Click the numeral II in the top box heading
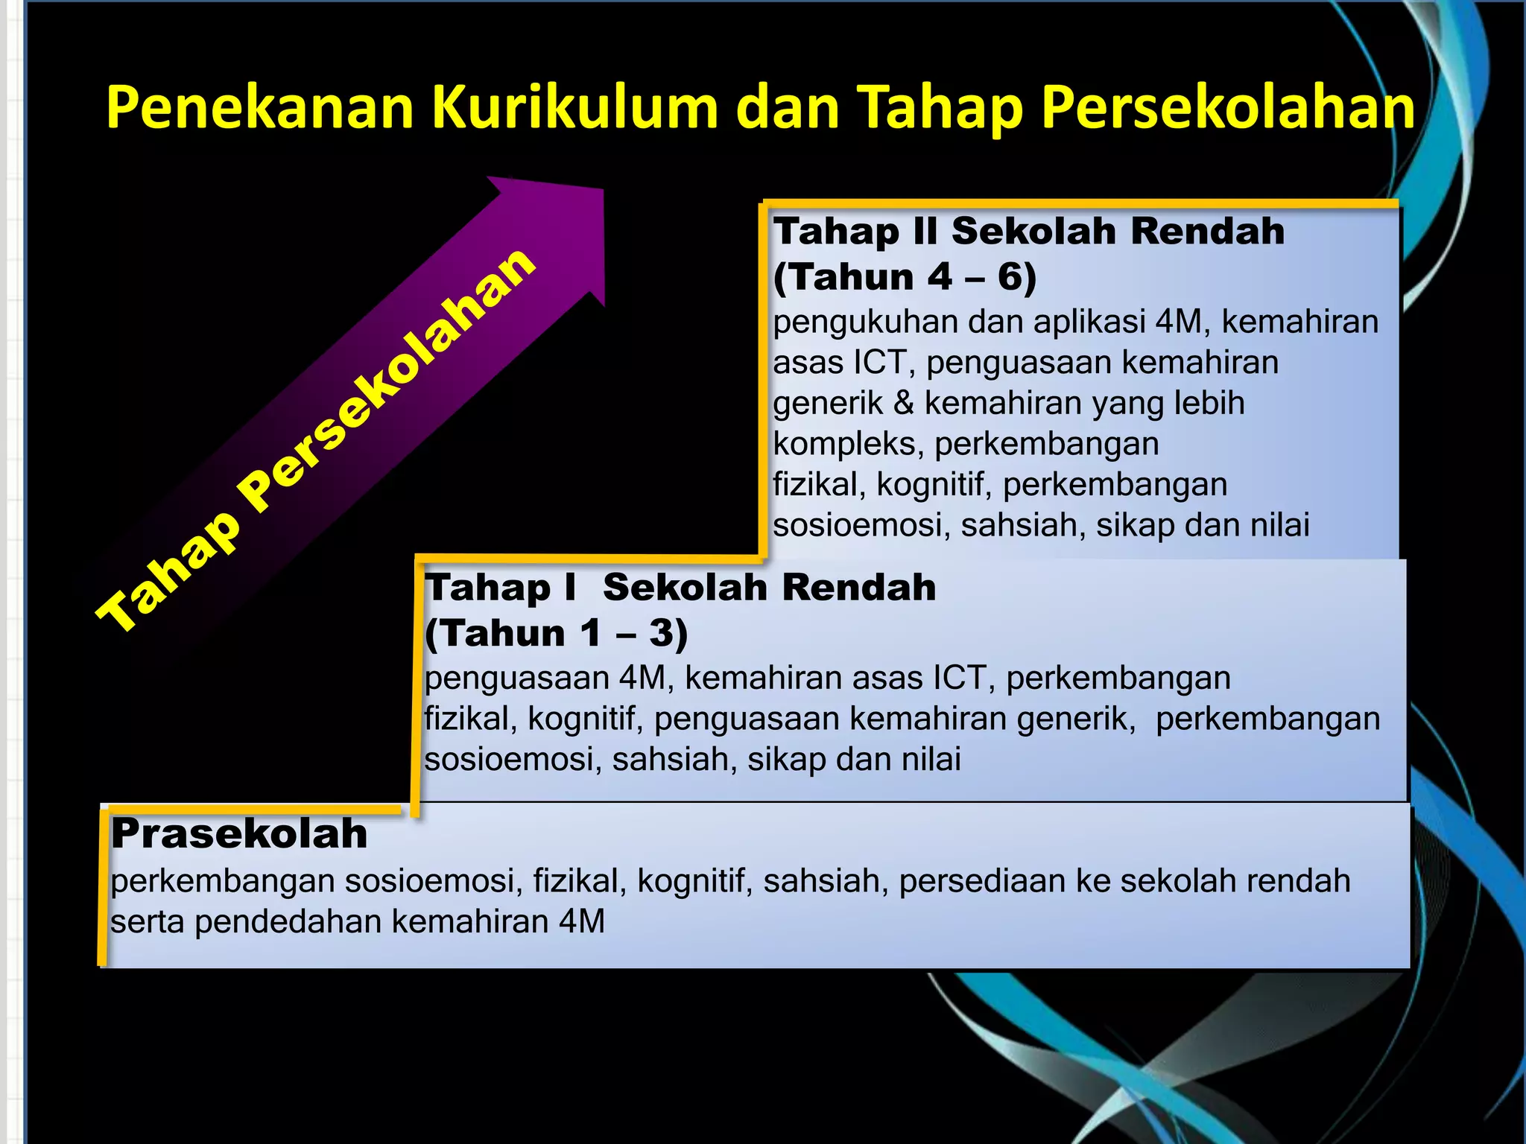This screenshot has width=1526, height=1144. (925, 232)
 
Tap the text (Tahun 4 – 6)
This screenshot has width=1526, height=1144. (905, 277)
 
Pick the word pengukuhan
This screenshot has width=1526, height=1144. (865, 322)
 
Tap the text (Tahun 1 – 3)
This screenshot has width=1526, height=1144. (556, 633)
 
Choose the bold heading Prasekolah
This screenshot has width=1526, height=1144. (239, 833)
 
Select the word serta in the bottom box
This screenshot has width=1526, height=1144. (147, 922)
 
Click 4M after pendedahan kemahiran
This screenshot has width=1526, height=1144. (581, 922)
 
